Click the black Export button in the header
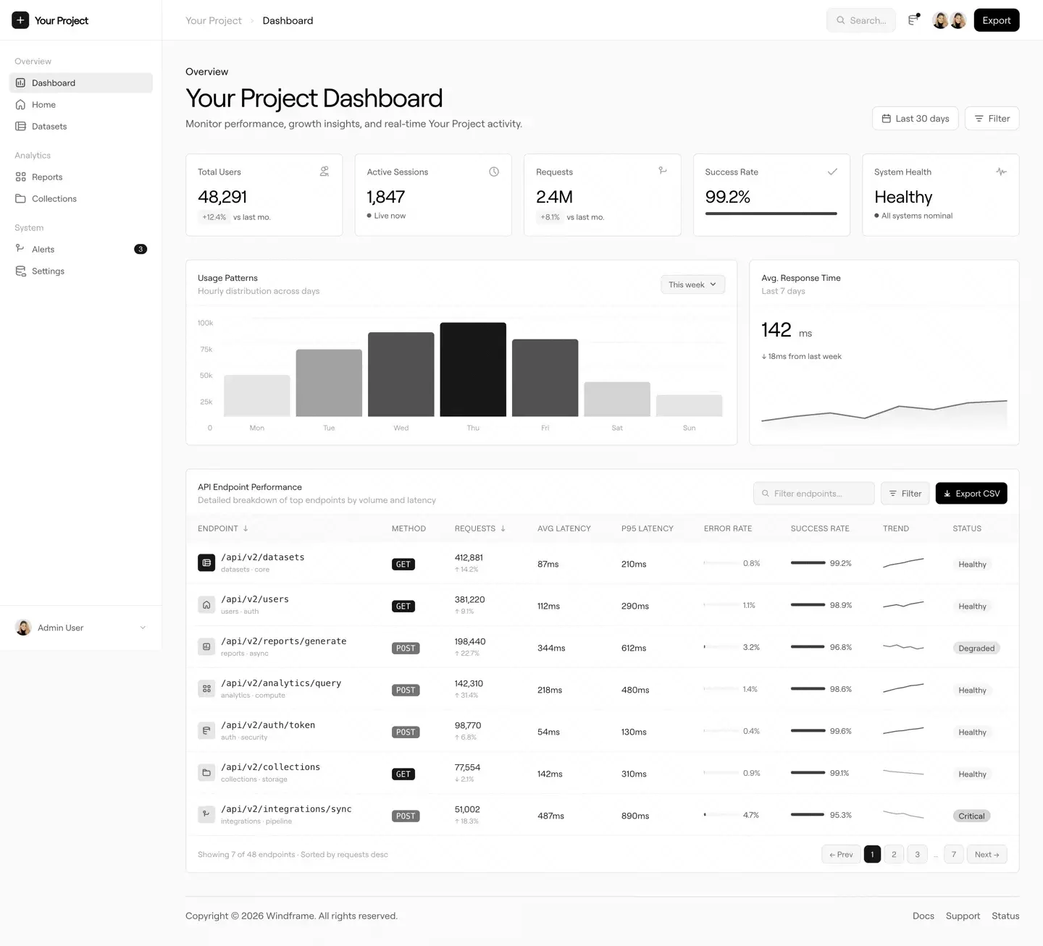(996, 20)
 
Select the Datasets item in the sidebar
(49, 127)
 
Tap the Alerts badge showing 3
(141, 249)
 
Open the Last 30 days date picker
(915, 119)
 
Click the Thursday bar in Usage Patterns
(473, 370)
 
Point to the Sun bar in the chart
(689, 405)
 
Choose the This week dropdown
(692, 284)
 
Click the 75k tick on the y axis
(206, 350)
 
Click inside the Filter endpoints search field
(814, 494)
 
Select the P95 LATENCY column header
(647, 529)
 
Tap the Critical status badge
(971, 816)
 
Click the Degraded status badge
(976, 649)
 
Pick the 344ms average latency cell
(551, 649)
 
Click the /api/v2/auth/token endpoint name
(268, 725)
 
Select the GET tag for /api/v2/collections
(403, 774)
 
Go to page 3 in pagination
(917, 855)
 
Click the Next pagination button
(987, 855)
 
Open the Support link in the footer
(963, 916)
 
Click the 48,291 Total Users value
(222, 197)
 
